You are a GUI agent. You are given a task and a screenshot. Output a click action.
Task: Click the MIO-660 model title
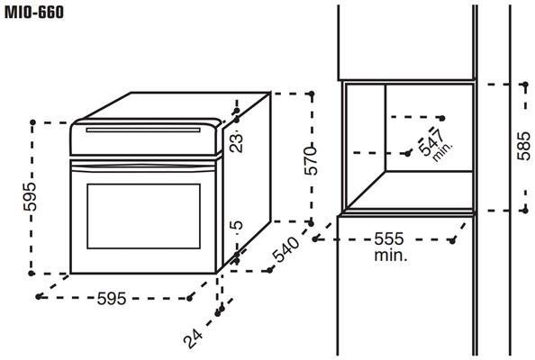34,13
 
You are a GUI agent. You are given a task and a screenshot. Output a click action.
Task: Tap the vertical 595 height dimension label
30,197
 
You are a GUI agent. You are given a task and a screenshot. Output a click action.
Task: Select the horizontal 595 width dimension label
112,298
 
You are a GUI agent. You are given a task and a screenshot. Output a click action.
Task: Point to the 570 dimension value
311,160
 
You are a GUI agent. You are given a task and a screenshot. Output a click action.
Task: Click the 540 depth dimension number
286,249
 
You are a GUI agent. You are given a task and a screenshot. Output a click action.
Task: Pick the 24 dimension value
193,337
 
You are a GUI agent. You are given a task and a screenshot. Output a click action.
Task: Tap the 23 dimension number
237,142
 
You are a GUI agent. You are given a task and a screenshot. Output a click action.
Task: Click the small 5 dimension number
237,225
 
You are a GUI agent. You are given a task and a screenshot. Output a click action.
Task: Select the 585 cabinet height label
524,146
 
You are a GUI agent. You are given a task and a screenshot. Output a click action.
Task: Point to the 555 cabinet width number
389,238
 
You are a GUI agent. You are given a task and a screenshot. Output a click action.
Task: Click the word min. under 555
391,255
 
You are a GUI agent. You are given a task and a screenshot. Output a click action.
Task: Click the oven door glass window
143,216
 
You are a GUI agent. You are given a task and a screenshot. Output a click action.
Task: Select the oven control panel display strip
143,130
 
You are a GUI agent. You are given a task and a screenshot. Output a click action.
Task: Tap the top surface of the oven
175,105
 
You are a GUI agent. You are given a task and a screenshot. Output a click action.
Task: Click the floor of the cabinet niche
411,190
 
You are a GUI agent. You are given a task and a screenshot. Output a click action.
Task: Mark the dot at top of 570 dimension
311,93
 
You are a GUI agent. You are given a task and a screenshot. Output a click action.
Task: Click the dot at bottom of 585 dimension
525,211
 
